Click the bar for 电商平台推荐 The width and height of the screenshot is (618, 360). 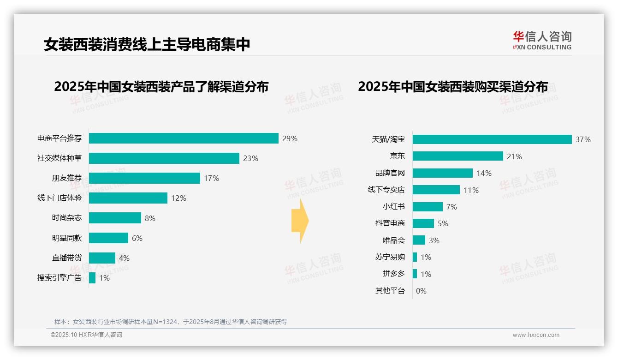184,138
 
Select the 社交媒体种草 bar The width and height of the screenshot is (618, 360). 164,158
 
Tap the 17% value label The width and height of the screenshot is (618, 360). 211,178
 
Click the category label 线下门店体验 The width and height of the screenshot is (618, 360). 59,198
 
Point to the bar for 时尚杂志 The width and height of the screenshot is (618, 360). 115,218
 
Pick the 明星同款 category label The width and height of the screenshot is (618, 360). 66,238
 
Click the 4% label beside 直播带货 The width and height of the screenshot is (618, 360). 124,258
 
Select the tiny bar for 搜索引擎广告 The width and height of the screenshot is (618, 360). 92,278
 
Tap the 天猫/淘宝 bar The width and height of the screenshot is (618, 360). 492,139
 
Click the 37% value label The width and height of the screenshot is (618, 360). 583,139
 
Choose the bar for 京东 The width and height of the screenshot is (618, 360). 458,156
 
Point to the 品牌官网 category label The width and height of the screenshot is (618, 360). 390,173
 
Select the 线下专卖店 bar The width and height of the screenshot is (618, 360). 436,190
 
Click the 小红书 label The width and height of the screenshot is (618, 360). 393,207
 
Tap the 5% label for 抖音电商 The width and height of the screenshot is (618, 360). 443,223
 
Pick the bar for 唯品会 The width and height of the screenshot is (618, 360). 419,240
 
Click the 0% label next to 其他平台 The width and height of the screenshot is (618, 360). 421,291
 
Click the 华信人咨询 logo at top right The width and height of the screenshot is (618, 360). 542,40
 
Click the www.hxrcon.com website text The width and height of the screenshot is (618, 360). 536,335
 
